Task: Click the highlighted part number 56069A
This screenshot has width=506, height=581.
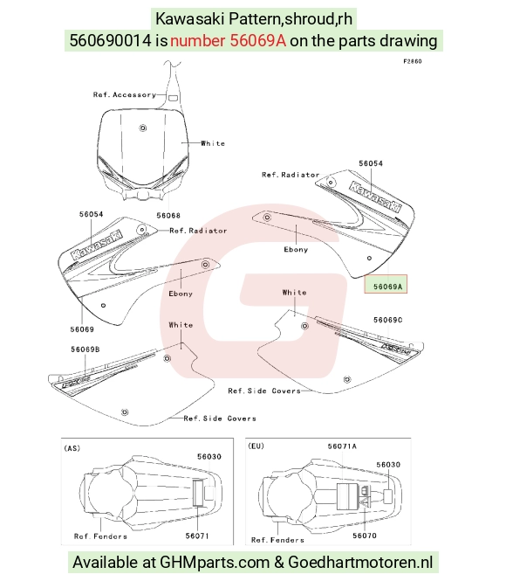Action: [387, 287]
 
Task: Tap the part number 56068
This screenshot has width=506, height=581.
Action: [168, 215]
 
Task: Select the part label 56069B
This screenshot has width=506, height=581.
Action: [85, 349]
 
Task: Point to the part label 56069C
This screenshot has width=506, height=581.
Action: [387, 320]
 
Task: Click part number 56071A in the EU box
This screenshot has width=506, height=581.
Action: [342, 446]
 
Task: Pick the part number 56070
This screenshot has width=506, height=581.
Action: [365, 536]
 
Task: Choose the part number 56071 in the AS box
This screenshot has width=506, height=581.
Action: [197, 536]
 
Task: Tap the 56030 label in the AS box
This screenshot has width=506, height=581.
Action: [209, 456]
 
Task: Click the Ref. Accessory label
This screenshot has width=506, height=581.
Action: [125, 95]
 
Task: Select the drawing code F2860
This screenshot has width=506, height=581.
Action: [413, 61]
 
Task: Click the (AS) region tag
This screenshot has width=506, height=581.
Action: [72, 448]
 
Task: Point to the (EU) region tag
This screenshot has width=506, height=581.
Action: [256, 446]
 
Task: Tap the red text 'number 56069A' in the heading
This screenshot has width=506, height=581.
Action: [229, 40]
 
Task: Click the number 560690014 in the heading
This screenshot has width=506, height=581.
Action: [110, 40]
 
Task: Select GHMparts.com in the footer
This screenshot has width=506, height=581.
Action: [215, 562]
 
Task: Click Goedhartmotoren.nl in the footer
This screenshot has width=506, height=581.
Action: [360, 562]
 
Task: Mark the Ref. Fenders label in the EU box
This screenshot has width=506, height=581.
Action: [277, 540]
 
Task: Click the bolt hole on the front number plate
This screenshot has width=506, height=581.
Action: [143, 128]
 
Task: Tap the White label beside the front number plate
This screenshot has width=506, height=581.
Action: [213, 143]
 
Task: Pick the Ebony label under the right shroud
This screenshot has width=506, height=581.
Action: [296, 249]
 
